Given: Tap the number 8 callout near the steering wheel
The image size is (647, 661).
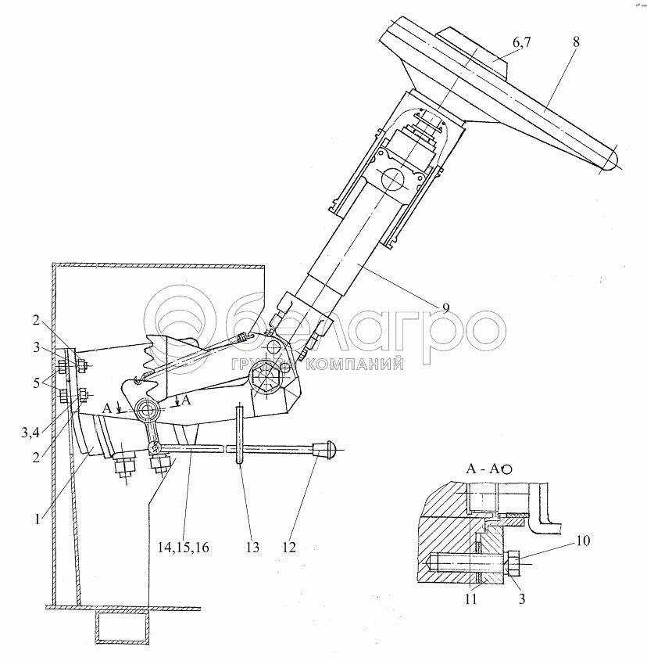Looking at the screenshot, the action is pyautogui.click(x=576, y=41).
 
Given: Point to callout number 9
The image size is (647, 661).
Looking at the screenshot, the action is pyautogui.click(x=444, y=307).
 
